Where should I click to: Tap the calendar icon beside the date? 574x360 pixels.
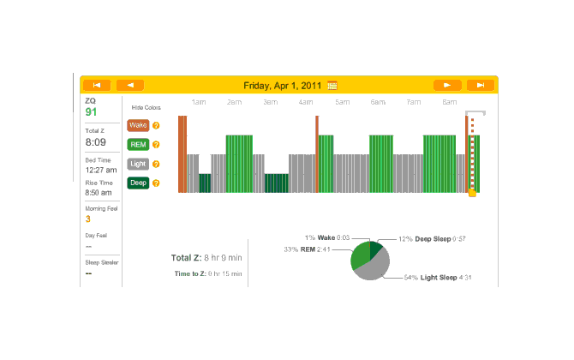click(x=332, y=86)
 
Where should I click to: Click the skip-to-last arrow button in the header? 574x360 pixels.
click(x=481, y=85)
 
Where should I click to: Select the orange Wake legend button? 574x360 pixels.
click(x=138, y=125)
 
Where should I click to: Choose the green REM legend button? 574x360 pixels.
click(x=138, y=144)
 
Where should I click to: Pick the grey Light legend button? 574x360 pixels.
click(x=138, y=163)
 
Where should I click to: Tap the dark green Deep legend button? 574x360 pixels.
click(x=138, y=183)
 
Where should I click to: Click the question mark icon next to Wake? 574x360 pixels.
click(x=156, y=125)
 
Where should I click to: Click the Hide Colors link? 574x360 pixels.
click(x=146, y=108)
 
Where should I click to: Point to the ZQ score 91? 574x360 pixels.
click(x=91, y=112)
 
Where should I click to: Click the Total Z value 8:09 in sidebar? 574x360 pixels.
click(x=95, y=142)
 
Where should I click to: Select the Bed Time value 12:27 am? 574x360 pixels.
click(x=100, y=171)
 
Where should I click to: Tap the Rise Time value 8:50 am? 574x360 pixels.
click(x=99, y=195)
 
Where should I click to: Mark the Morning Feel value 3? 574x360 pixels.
click(x=87, y=219)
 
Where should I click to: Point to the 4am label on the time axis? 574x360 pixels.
click(x=306, y=103)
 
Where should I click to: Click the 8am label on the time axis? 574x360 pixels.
click(x=449, y=103)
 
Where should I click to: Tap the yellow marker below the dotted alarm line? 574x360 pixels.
click(x=472, y=193)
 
